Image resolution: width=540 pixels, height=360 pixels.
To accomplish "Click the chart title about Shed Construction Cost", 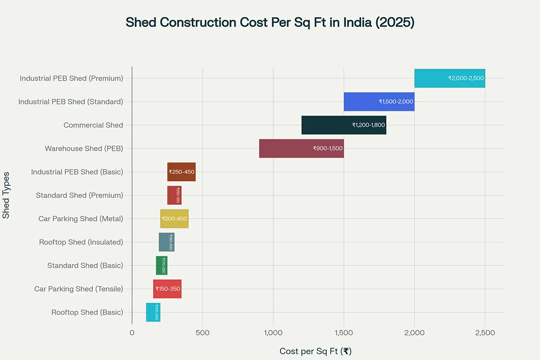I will coord(270,22).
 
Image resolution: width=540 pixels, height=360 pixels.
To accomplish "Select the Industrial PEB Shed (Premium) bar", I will coord(449,78).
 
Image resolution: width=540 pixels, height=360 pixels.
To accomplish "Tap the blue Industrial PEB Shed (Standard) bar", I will coord(379,102).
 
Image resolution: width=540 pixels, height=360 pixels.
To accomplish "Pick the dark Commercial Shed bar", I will coord(344,125).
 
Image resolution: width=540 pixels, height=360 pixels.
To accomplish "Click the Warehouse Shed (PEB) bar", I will coord(301,148).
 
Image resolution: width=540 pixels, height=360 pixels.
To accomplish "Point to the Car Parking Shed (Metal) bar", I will coord(174,219).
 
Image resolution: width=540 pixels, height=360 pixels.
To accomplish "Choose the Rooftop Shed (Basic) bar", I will coord(153,312).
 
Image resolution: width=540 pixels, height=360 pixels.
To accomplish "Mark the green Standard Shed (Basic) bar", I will coord(162,265).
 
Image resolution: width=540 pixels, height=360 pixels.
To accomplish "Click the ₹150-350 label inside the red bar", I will coord(167,289).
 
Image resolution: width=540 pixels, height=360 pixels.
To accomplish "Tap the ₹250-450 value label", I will coord(181,172).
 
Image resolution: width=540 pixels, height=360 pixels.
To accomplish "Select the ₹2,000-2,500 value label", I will coord(465,78).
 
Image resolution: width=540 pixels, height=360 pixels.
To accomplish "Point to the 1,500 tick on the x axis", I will coord(344,333).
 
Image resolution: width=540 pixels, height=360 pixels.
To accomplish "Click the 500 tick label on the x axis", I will coord(202,333).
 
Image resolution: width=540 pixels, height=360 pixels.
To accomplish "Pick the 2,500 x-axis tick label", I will coord(485,333).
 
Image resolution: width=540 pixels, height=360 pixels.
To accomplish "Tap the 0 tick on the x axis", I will coord(132,333).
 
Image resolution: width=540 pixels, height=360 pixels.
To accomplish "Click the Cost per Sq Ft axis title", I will coord(315,351).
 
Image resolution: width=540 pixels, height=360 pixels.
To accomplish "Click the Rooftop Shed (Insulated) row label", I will coord(81,242).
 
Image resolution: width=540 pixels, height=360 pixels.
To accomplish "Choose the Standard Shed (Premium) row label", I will coord(79,195).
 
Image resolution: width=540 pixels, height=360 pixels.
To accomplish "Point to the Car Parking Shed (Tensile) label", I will coord(78,289).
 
